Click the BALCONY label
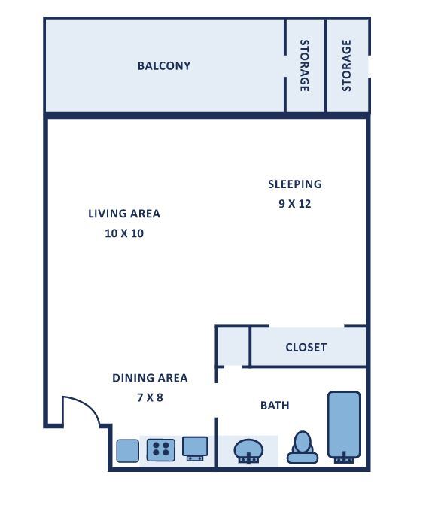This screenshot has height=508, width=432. [x=164, y=65]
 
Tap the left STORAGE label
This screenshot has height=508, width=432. [x=304, y=65]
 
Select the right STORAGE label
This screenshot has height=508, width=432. [x=346, y=65]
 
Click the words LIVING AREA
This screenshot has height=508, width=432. [x=124, y=214]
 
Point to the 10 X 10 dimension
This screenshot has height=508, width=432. [x=124, y=233]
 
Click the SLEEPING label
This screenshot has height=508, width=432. [x=295, y=184]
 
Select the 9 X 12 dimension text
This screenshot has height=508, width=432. [x=295, y=204]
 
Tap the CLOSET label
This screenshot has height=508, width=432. [x=306, y=347]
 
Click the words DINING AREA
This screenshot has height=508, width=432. [x=150, y=378]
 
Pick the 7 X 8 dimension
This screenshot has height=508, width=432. [x=150, y=397]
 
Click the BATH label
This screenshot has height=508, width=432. [x=275, y=406]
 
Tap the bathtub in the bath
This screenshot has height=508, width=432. [x=344, y=427]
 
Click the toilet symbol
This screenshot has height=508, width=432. [x=303, y=448]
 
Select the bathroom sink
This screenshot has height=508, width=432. [x=248, y=451]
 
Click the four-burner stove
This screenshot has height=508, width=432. [x=161, y=450]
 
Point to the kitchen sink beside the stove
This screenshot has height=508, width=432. [x=195, y=449]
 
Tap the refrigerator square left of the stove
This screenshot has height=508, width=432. [x=128, y=451]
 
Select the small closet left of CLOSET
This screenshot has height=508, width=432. [x=233, y=346]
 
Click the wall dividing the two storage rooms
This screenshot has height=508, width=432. [x=325, y=65]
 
